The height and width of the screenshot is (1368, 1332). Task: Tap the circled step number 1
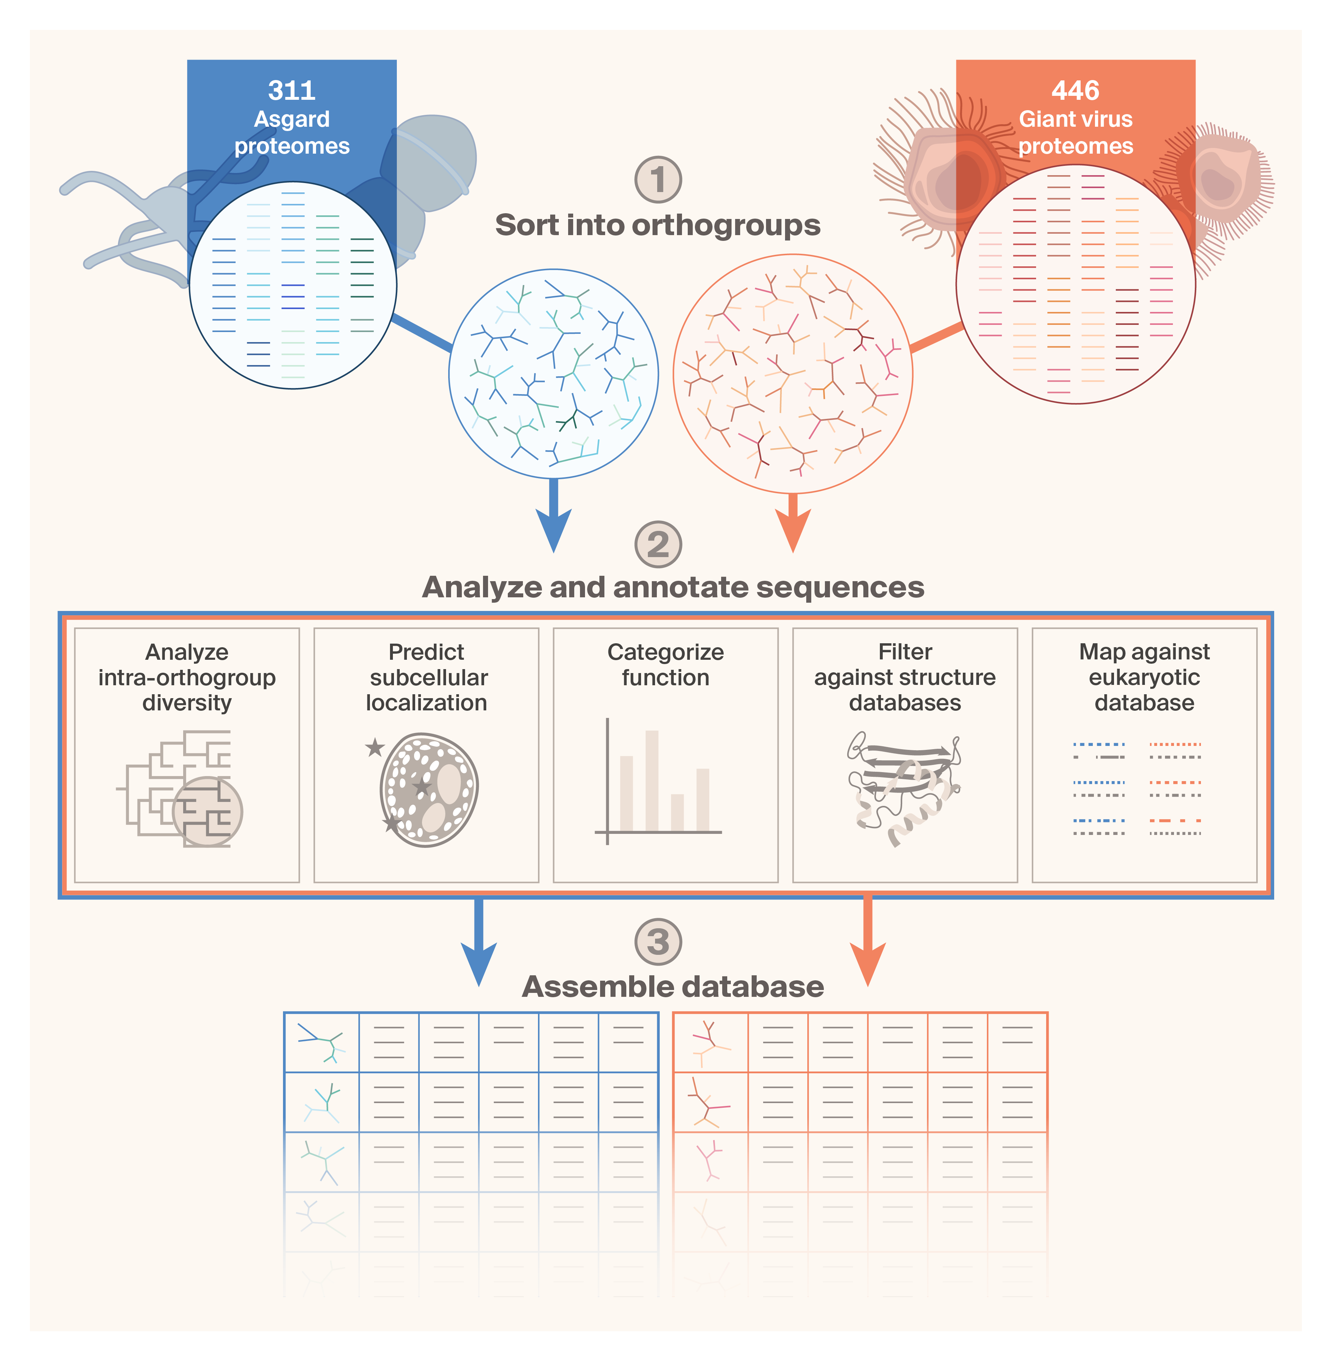[x=658, y=180]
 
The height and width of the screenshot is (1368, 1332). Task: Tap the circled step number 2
[x=658, y=544]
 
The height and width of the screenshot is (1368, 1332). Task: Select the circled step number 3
[x=658, y=941]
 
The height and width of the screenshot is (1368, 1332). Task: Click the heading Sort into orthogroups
[x=658, y=225]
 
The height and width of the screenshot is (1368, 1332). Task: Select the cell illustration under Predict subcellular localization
[x=429, y=790]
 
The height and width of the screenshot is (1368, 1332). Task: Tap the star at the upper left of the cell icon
[x=375, y=748]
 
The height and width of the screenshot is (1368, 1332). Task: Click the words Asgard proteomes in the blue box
[x=292, y=132]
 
